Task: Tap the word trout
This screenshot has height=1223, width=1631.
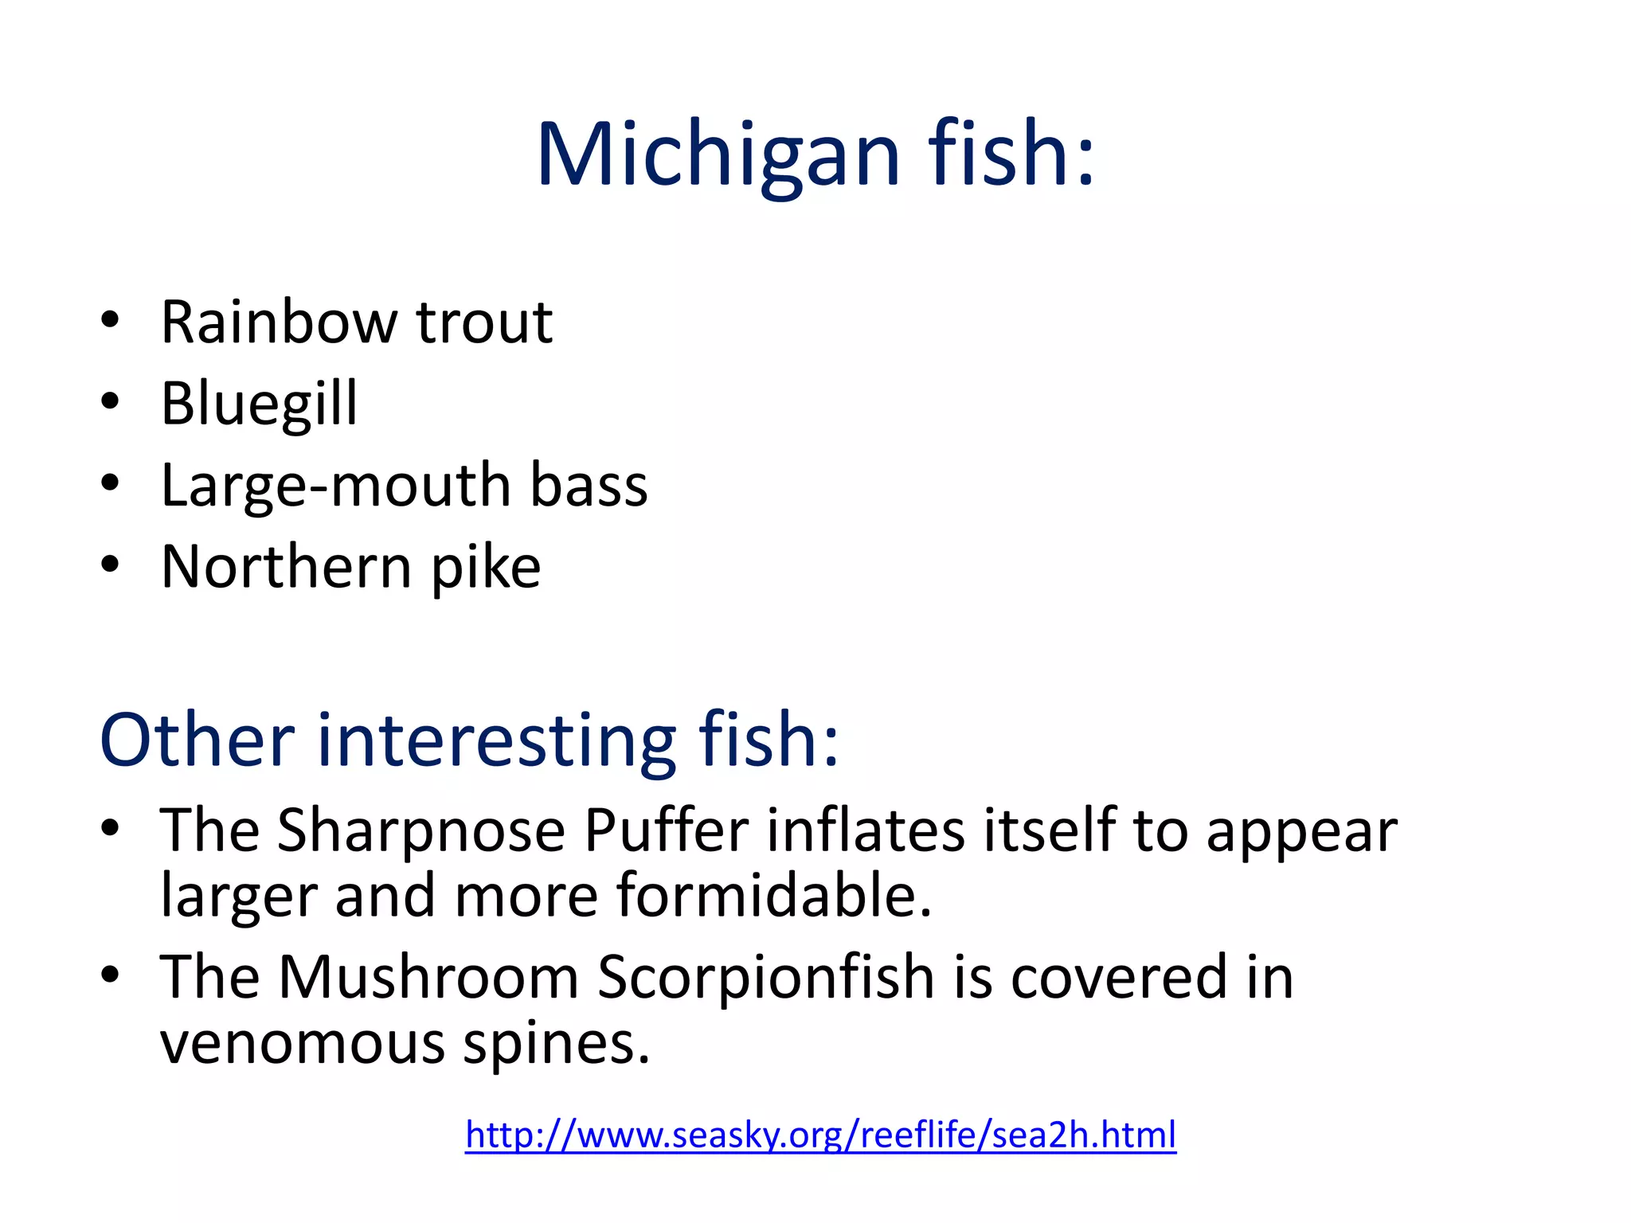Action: click(x=484, y=322)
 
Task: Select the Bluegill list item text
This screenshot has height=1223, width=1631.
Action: click(x=259, y=404)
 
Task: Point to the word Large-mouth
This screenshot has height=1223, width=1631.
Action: click(x=335, y=486)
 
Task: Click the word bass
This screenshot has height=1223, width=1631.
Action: click(x=589, y=486)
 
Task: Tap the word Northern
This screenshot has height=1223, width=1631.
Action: click(x=286, y=568)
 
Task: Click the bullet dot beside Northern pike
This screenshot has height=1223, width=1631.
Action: click(x=110, y=564)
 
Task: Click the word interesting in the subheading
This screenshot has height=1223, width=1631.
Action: click(x=497, y=740)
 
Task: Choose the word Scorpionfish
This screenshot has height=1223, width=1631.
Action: click(x=765, y=978)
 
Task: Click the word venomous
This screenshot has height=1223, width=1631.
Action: click(x=302, y=1044)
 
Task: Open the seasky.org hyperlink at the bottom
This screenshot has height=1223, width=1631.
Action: click(x=820, y=1135)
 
